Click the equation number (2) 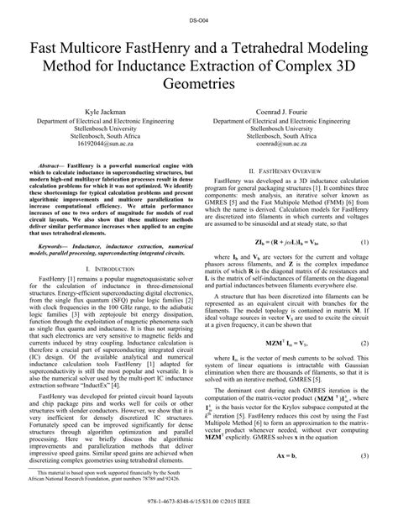tap(365, 344)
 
